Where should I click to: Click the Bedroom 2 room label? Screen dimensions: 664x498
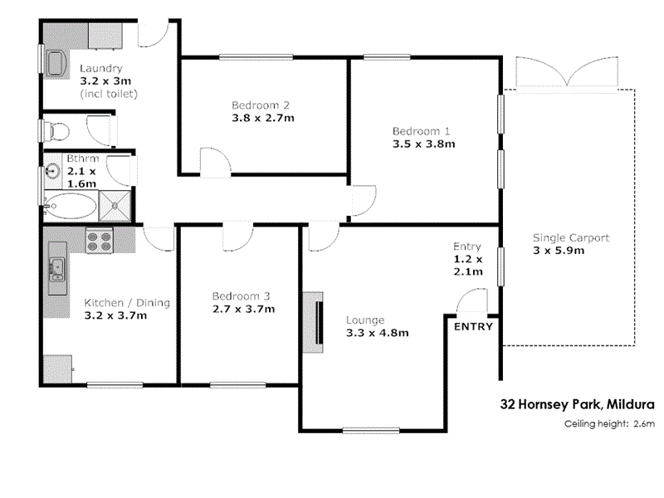click(261, 105)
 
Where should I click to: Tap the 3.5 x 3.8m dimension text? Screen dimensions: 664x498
click(423, 144)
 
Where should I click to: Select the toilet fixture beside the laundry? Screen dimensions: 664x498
click(58, 130)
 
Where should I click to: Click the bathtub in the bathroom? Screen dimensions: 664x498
click(71, 206)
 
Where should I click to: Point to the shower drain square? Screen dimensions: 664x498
click(115, 206)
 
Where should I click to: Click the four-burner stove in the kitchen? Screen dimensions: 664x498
click(99, 241)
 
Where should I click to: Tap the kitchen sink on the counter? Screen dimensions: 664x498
click(56, 269)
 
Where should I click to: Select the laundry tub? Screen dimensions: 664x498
click(56, 65)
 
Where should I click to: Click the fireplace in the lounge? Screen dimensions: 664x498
click(314, 322)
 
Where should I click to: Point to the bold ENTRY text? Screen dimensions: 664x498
click(473, 326)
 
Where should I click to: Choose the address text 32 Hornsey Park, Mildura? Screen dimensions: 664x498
click(577, 404)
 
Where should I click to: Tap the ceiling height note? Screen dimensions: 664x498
click(609, 423)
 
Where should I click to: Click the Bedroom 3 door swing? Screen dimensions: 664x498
click(237, 237)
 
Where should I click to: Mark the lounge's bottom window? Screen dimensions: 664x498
click(371, 431)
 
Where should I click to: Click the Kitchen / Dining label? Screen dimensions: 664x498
click(127, 303)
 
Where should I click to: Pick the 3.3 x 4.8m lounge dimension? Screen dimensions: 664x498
click(378, 333)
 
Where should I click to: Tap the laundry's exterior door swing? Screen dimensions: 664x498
click(154, 33)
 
